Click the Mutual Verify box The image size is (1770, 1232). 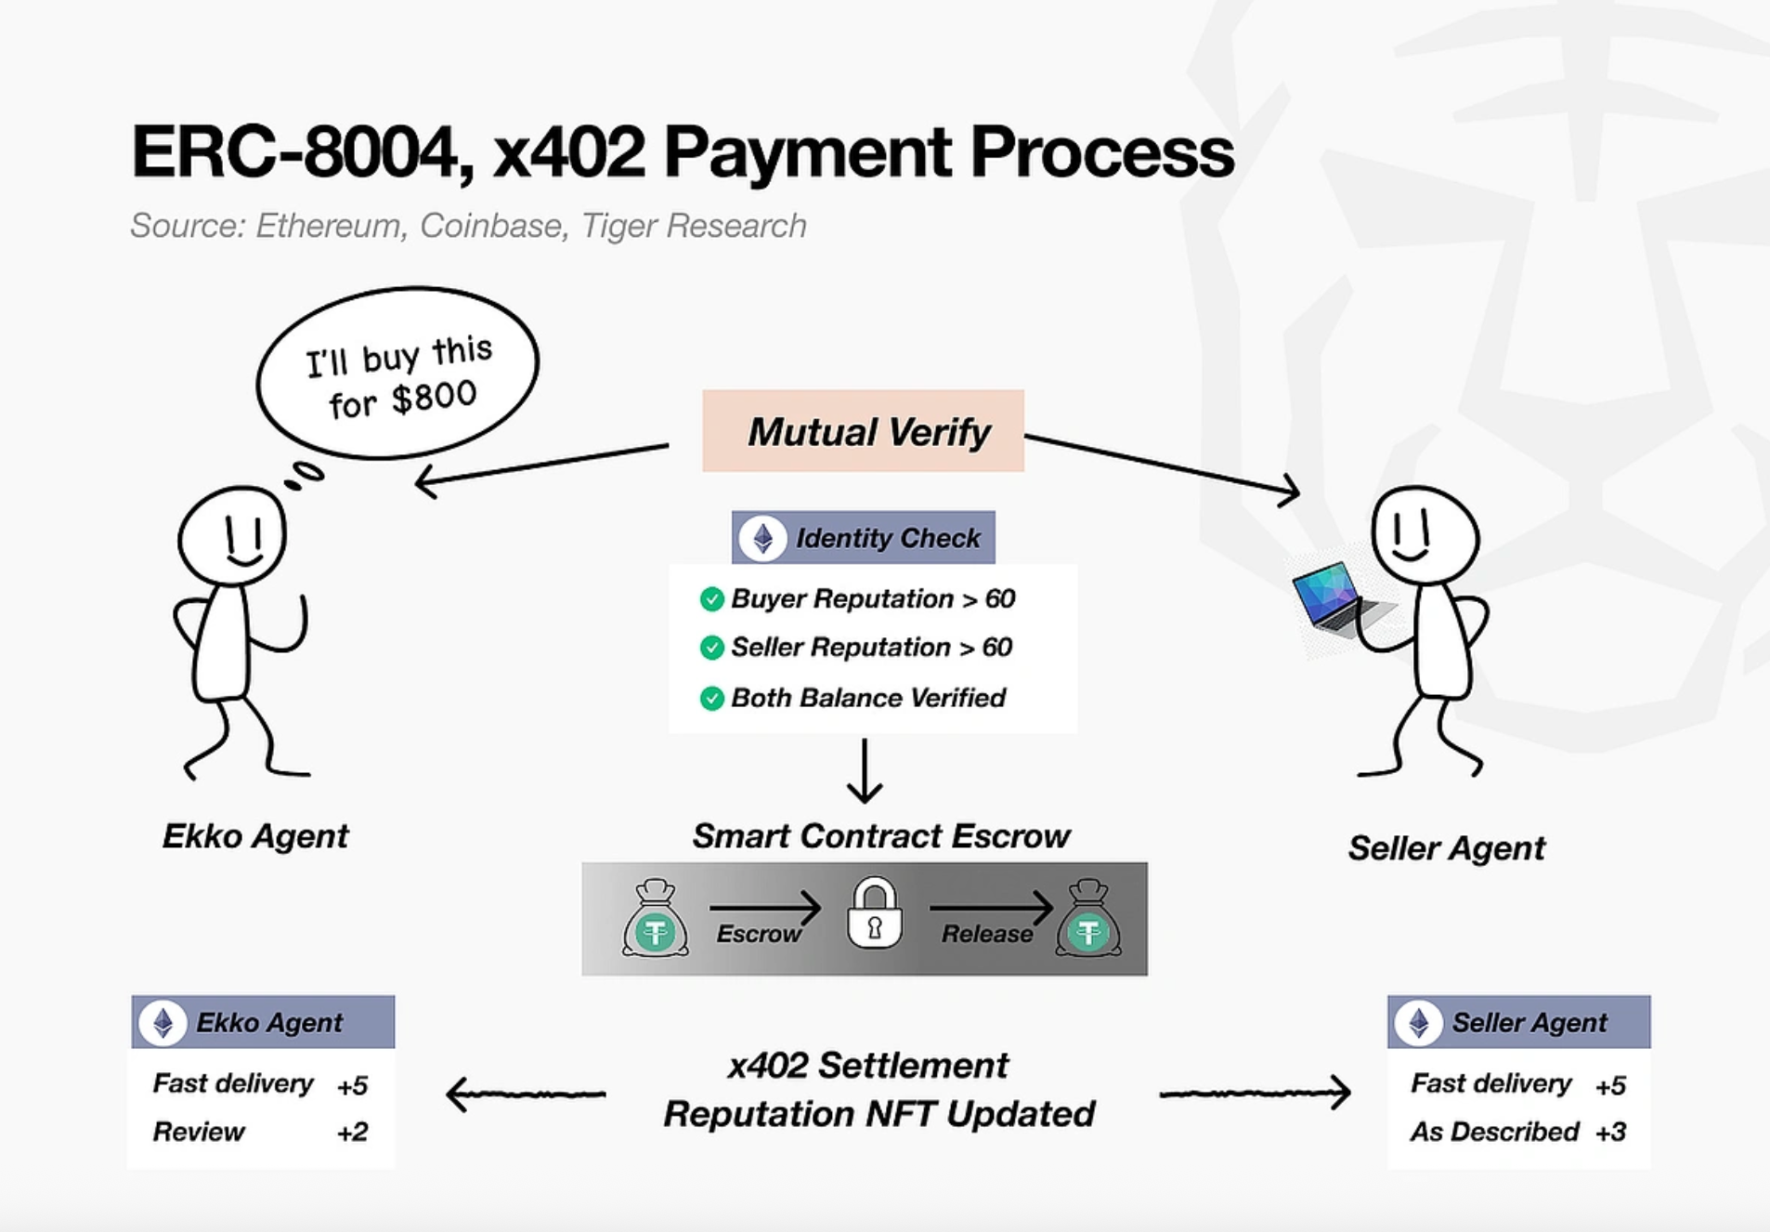point(863,431)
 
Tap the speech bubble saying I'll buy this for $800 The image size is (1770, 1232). point(397,374)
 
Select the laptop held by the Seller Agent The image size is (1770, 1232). point(1334,600)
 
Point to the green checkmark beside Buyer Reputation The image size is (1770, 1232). point(711,599)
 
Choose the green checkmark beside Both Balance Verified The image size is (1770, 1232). point(711,698)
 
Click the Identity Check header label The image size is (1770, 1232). point(887,538)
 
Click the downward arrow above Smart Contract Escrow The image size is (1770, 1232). point(865,771)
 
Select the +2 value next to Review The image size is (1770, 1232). point(353,1132)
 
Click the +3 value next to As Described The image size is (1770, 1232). point(1610,1132)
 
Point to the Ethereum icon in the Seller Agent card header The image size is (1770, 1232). point(1419,1023)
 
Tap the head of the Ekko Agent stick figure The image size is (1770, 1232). point(233,536)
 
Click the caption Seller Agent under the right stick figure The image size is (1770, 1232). point(1446,848)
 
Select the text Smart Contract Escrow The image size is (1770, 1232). point(880,836)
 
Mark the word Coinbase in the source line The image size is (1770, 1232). point(490,226)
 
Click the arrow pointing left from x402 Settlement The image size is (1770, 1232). point(526,1094)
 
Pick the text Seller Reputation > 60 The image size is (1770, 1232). point(871,648)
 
